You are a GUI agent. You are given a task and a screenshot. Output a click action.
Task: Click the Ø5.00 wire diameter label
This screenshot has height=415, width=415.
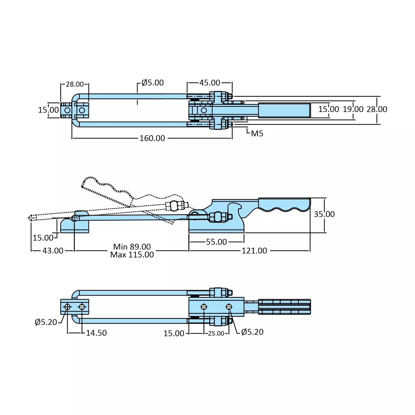[x=152, y=83]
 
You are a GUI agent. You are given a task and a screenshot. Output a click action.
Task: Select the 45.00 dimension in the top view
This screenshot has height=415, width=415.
[x=210, y=83]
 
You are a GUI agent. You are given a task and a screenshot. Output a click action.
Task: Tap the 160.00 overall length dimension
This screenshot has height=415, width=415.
[x=152, y=138]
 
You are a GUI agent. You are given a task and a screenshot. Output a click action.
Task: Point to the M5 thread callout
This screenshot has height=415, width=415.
[x=257, y=134]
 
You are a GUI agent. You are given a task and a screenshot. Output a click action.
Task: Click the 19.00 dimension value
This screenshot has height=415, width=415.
[x=353, y=109]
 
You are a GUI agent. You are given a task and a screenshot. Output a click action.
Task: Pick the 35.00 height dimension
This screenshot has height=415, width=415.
[x=324, y=214]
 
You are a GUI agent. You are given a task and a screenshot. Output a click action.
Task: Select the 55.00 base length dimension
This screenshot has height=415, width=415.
[x=216, y=242]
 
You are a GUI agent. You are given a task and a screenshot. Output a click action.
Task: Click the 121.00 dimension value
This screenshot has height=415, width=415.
[x=254, y=251]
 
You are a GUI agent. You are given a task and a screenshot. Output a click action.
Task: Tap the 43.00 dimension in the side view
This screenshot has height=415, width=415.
[x=53, y=251]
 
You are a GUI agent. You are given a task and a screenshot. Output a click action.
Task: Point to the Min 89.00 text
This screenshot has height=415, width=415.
[x=132, y=247]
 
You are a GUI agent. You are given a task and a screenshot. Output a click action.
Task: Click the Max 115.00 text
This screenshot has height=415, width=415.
[x=132, y=255]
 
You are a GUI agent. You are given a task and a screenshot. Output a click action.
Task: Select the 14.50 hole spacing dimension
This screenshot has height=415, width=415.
[x=96, y=333]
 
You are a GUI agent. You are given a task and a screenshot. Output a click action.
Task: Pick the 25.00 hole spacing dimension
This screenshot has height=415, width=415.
[x=216, y=333]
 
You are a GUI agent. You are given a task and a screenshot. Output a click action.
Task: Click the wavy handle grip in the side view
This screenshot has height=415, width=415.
[x=284, y=205]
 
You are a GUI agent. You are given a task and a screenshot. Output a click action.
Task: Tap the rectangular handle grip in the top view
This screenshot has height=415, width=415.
[x=284, y=110]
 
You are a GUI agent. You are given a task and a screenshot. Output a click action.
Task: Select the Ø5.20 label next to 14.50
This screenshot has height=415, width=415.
[x=46, y=322]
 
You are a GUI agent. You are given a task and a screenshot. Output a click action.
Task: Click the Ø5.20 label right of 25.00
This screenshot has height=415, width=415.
[x=252, y=332]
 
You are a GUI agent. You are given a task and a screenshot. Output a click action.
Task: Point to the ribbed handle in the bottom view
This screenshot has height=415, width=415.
[x=284, y=307]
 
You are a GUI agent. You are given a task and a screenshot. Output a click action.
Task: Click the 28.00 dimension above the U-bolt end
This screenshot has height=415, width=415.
[x=75, y=84]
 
